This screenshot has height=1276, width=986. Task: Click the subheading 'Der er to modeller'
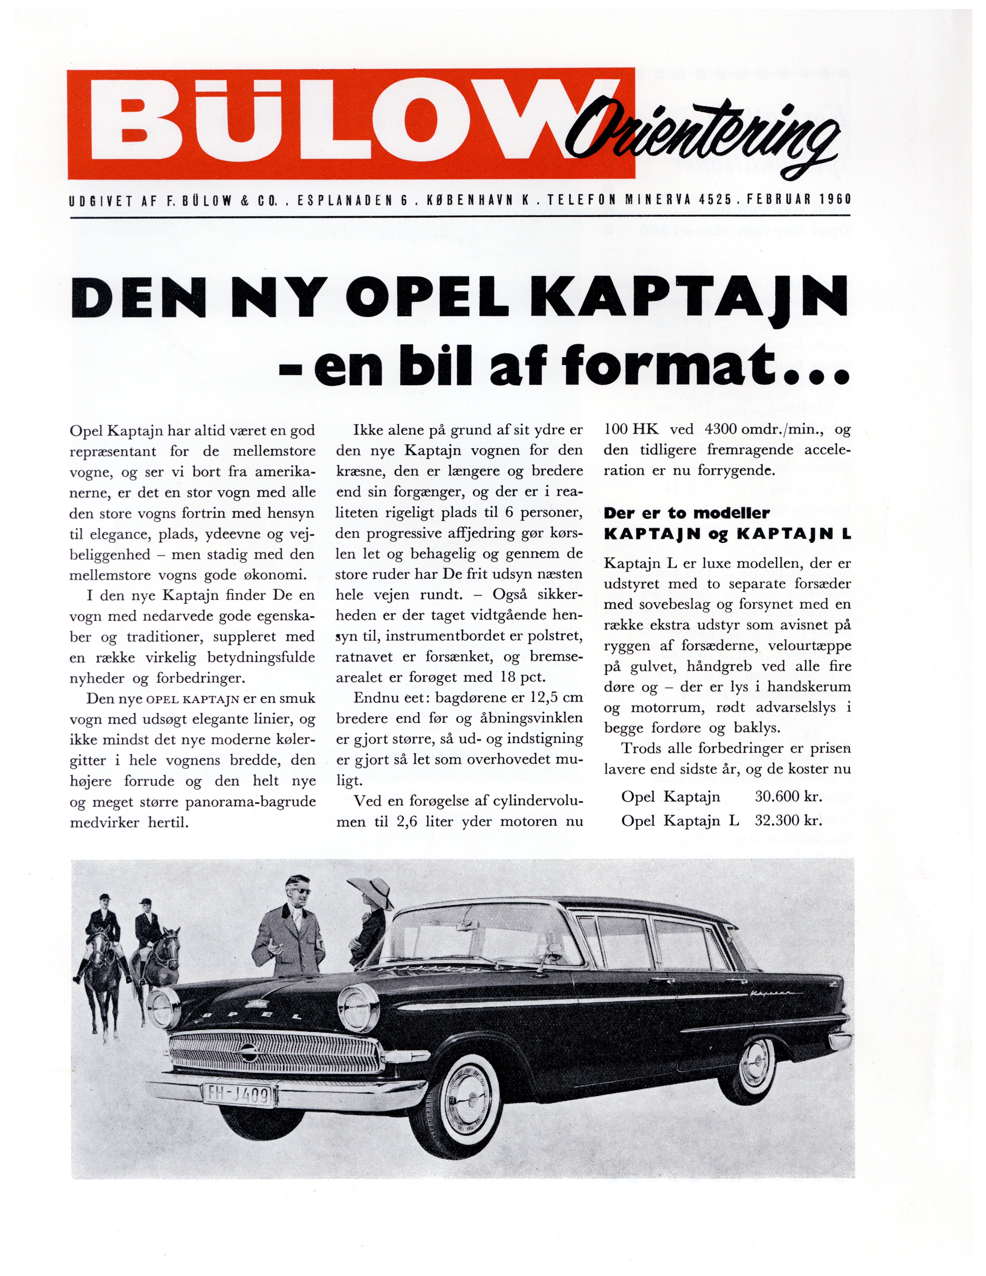point(686,513)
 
